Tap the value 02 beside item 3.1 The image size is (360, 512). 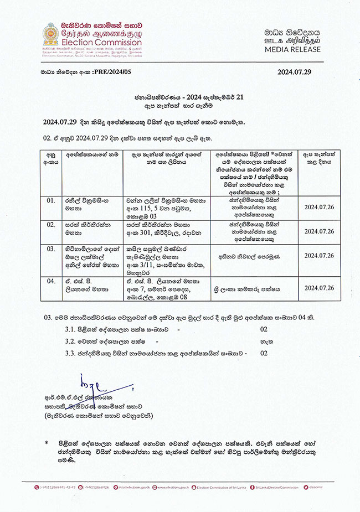[x=264, y=329]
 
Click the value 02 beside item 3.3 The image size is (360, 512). [x=264, y=352]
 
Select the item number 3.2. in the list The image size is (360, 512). [x=71, y=341]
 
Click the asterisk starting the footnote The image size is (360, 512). [x=47, y=443]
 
